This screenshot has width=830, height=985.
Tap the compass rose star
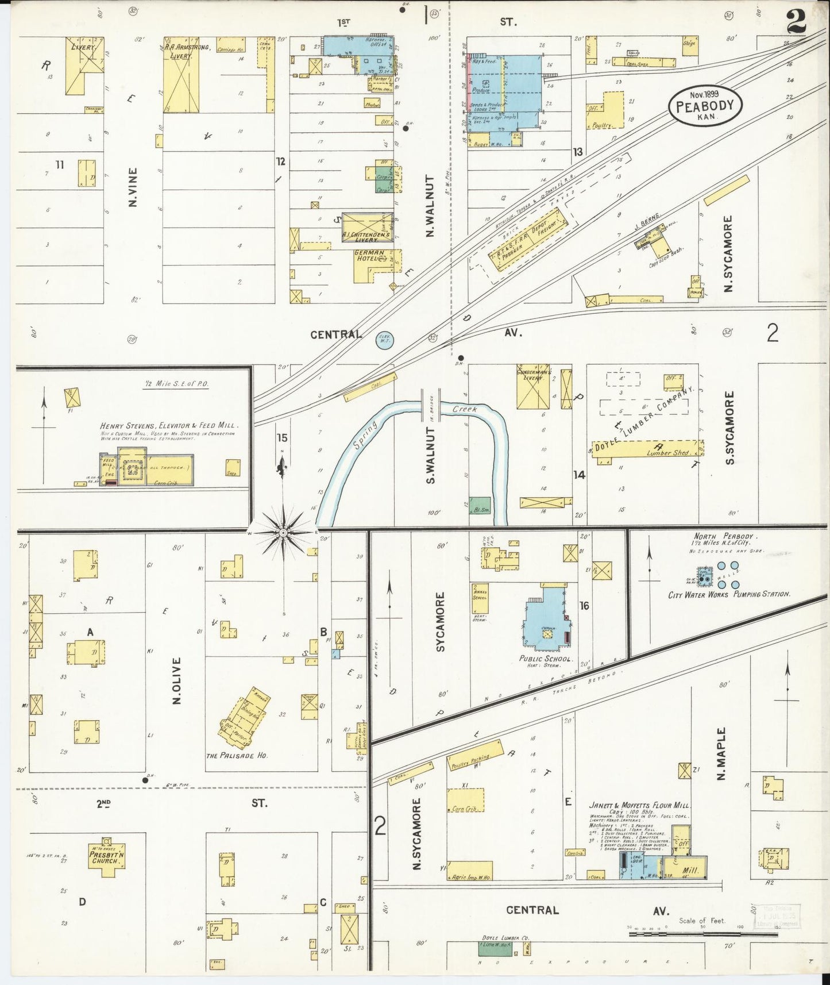coord(283,533)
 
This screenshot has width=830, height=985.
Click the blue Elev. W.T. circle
coord(384,340)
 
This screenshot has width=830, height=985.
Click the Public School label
coord(545,659)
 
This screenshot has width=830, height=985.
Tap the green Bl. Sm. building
coord(480,506)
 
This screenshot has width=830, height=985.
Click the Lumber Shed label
coord(667,453)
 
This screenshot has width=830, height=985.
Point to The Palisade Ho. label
coord(237,756)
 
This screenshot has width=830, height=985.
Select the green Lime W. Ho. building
coord(496,949)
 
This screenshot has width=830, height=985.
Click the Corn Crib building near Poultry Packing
coord(465,800)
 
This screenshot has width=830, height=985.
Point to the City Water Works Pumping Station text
coord(729,594)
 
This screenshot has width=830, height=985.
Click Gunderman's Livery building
coord(532,387)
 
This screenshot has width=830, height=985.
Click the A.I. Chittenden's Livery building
coord(367,227)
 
